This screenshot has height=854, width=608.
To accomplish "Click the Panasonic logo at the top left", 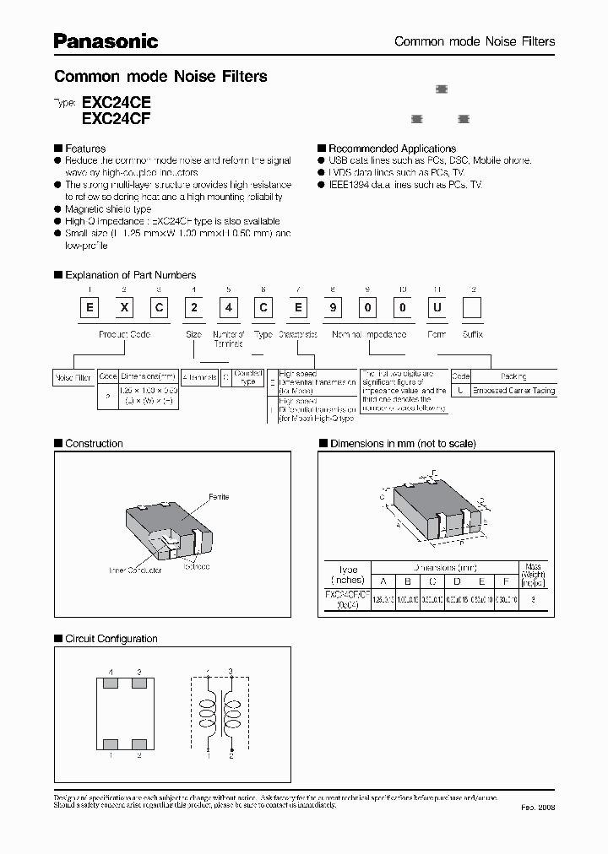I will pos(106,40).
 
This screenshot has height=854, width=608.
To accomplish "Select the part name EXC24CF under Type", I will pos(116,119).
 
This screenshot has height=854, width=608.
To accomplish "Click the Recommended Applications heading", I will pos(392,149).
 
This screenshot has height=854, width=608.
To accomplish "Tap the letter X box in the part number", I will pos(124,309).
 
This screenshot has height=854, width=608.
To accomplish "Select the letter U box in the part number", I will pos(437,309).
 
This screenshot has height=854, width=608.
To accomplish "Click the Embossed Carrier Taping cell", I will pos(513,391).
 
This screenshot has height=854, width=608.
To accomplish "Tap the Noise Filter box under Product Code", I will pos(73,377).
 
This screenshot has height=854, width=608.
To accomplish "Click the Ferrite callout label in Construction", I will pos(219,497).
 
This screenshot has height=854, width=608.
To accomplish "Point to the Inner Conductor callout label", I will pos(136,570).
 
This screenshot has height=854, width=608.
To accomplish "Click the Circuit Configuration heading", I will pos(111,639).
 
